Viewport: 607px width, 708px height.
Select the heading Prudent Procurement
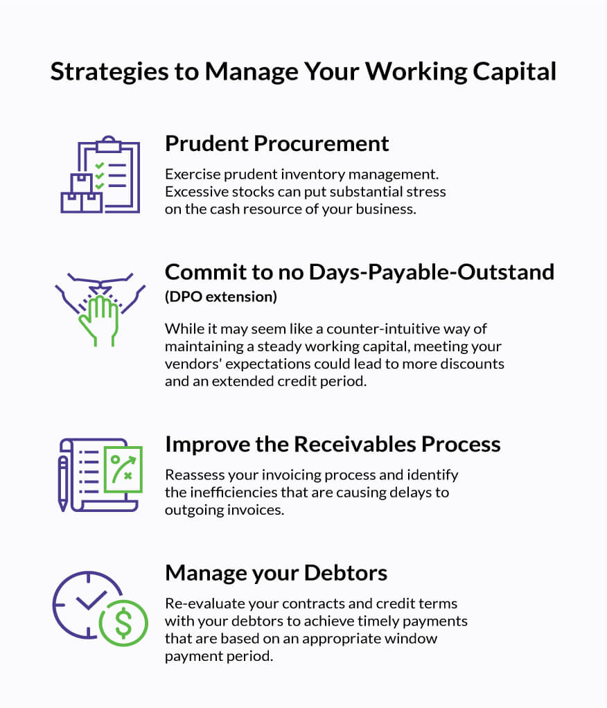276,143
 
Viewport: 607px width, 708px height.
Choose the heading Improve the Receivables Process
332,444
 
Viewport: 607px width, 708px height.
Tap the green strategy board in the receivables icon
122,469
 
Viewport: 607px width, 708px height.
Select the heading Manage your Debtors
276,573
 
